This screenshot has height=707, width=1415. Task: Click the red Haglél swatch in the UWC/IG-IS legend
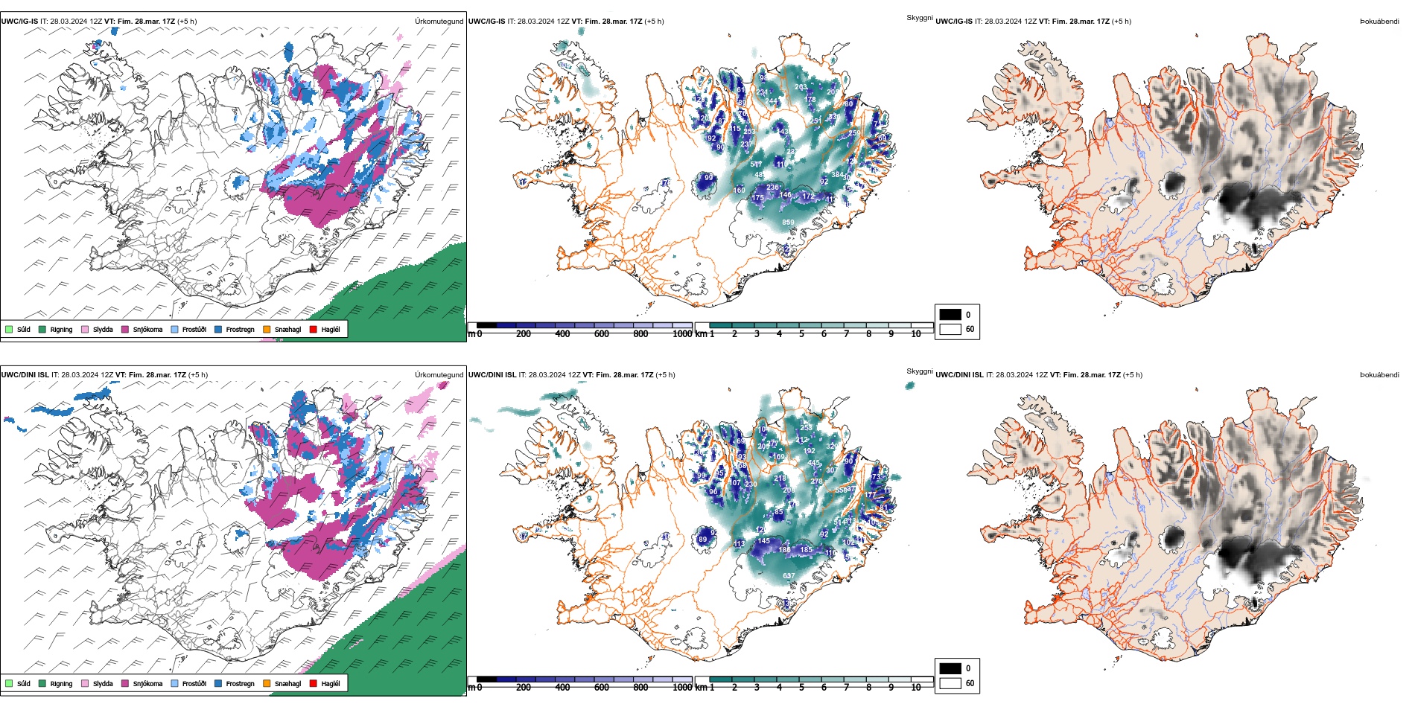coord(314,329)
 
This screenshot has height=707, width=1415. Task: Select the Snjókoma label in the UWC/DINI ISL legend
coord(147,683)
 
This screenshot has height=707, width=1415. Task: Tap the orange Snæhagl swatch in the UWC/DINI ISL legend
coord(267,683)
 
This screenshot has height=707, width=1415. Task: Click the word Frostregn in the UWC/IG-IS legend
coord(240,330)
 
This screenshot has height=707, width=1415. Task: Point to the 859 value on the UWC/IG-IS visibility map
coord(788,223)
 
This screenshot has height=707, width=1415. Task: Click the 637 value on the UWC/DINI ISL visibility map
coord(788,576)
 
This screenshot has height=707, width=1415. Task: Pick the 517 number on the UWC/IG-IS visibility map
coord(756,164)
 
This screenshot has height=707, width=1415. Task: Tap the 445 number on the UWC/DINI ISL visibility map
coord(814,463)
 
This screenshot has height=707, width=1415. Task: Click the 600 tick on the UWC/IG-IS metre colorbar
coord(602,334)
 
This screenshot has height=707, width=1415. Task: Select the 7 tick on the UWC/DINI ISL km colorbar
coord(846,688)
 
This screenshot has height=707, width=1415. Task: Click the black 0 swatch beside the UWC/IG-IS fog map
coord(950,314)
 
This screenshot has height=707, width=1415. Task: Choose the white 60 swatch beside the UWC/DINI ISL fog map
coord(950,683)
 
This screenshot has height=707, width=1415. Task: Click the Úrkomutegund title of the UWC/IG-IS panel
coord(439,22)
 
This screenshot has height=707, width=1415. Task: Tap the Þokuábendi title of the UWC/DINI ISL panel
coord(1379,375)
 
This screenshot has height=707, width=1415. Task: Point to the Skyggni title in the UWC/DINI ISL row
coord(920,371)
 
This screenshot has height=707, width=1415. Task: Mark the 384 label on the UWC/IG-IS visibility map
coord(838,175)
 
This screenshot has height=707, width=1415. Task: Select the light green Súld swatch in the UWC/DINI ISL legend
coord(9,683)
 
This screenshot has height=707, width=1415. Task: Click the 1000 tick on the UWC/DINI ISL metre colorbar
coord(682,688)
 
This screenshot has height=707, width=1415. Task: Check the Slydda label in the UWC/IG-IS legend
coord(103,330)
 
